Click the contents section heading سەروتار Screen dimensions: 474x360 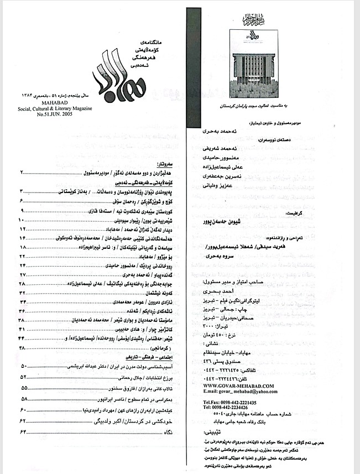coord(166,165)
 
